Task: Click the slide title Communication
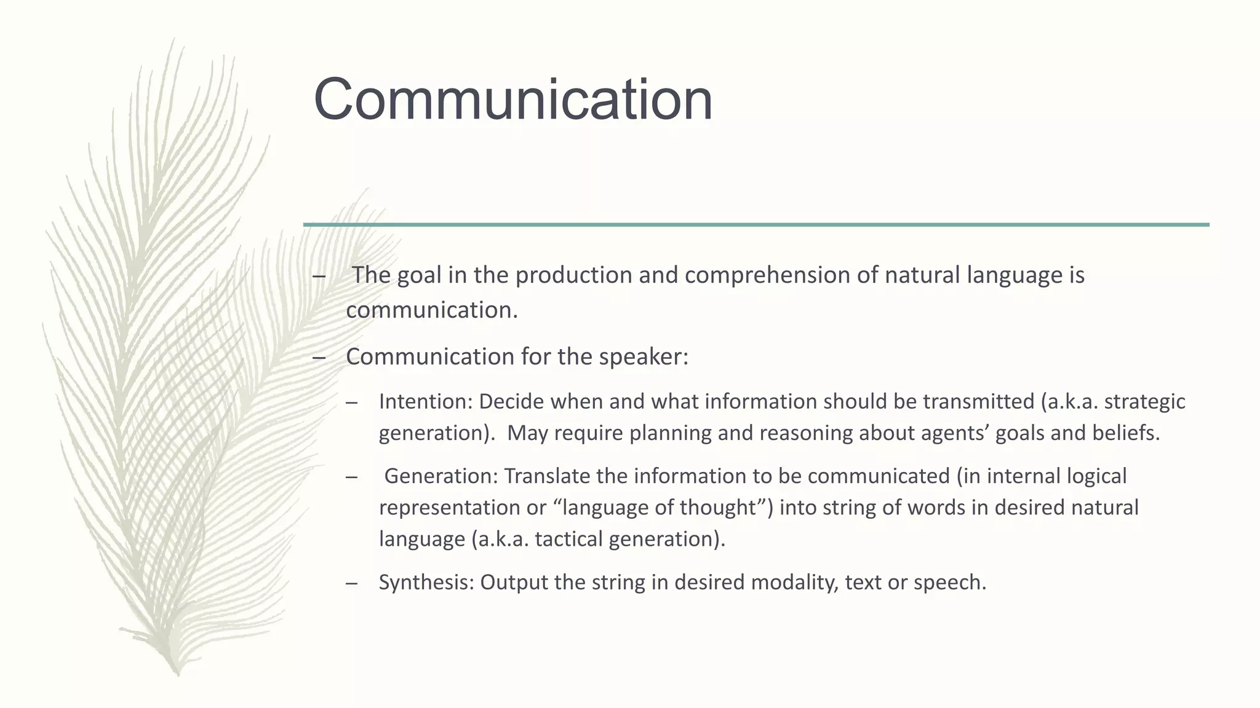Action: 512,100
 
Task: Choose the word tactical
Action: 569,539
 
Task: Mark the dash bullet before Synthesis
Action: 352,583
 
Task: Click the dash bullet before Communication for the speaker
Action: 319,357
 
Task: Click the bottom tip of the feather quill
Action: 177,673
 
